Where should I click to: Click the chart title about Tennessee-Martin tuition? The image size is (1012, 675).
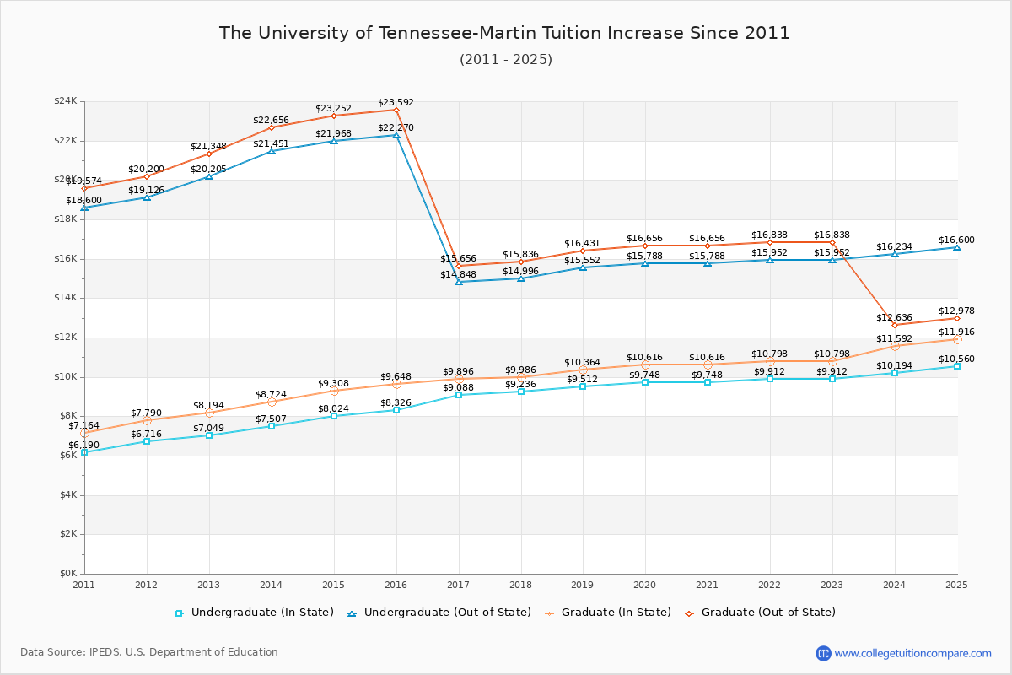pos(504,33)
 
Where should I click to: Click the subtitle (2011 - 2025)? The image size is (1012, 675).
pos(506,60)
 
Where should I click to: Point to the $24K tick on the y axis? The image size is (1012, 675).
pos(65,101)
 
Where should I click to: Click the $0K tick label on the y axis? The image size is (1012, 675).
pos(67,574)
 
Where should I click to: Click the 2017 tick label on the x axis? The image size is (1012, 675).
pos(458,584)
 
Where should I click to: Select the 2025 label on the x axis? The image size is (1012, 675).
pos(956,584)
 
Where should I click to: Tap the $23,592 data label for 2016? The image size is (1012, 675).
pos(396,102)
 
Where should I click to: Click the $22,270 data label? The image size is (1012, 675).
pos(396,127)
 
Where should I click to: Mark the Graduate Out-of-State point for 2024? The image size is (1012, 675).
pos(895,325)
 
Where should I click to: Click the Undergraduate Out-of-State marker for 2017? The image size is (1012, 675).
pos(459,282)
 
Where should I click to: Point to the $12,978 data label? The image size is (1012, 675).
pos(956,310)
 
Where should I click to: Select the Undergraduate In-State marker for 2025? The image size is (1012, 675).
pos(957,366)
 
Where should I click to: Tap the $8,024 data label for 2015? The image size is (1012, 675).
pos(333,408)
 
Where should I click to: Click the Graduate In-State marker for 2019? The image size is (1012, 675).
pos(583,370)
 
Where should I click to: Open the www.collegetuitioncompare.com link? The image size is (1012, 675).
pos(912,653)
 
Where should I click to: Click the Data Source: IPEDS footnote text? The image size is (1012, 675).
pos(149,652)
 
